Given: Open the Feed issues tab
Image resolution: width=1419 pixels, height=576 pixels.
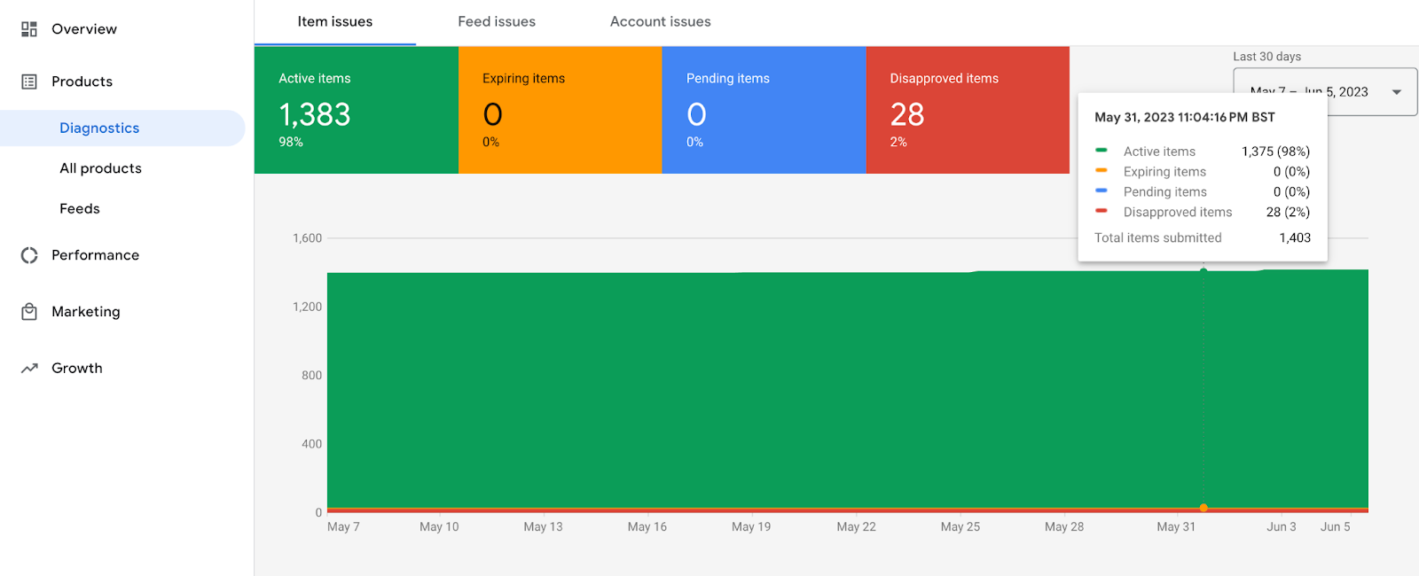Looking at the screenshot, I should (497, 22).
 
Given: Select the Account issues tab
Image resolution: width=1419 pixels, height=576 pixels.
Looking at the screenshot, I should (660, 22).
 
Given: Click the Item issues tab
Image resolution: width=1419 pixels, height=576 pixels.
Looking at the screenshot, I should (334, 22).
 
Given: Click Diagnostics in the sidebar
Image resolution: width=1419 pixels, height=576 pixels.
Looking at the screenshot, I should (99, 128).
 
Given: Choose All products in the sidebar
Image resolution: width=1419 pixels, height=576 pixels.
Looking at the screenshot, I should (100, 168).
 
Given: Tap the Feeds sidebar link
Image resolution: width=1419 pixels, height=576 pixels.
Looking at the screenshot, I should (80, 209).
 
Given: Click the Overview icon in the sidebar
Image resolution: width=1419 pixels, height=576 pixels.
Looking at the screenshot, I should (29, 29).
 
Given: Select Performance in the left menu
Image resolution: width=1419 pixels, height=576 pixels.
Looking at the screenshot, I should (95, 255).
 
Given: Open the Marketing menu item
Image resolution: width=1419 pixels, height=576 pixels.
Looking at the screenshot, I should (85, 312).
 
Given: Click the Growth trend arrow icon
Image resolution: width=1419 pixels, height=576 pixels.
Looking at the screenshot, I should (29, 369).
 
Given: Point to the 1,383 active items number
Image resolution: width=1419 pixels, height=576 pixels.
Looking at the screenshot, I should (315, 115).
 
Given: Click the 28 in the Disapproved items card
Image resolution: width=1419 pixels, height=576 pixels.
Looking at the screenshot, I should (907, 115).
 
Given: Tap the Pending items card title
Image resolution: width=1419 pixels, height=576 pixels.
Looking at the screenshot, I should (727, 79).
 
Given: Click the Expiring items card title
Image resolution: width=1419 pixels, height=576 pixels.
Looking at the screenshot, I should (523, 79).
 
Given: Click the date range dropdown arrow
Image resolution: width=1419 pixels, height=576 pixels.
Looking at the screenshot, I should (1397, 92).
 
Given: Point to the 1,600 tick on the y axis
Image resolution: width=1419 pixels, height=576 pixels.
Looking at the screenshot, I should (308, 238).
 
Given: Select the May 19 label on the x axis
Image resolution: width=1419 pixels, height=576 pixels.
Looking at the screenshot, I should (751, 527).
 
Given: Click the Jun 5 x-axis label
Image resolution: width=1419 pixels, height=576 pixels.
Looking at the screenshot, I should (1335, 527).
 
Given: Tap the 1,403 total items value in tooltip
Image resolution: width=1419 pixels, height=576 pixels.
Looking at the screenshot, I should (1295, 238).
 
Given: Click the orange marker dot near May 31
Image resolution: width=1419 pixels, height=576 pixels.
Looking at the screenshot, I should (1203, 508).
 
